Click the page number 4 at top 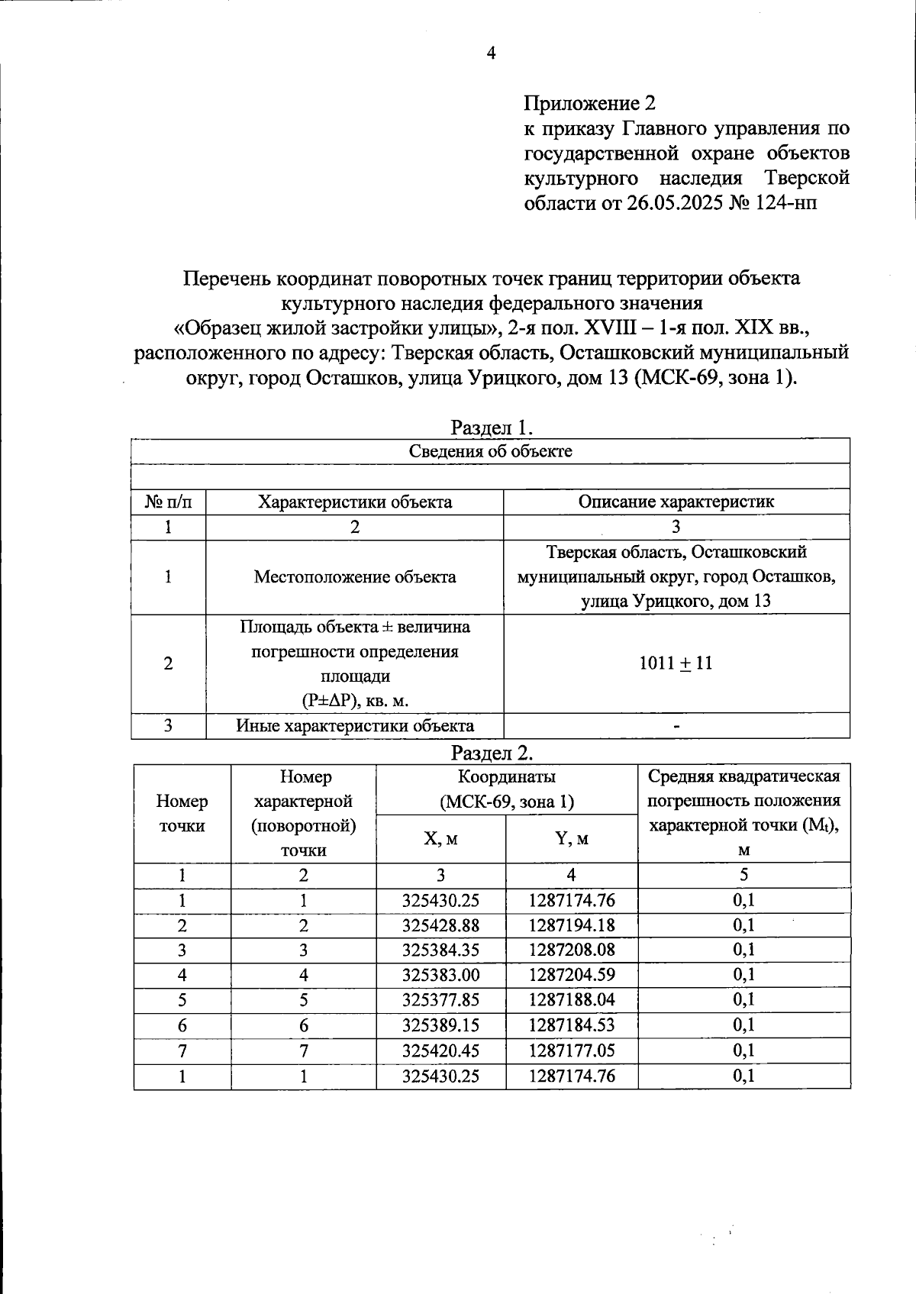point(491,53)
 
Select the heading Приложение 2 point(589,103)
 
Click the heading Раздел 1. point(491,427)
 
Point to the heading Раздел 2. point(491,753)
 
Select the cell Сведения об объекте point(491,450)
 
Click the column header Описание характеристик point(676,502)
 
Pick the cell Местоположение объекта point(354,576)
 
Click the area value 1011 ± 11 point(676,663)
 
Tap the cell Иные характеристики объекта point(354,725)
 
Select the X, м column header point(440,838)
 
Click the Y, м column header point(571,838)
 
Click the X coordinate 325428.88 point(440,925)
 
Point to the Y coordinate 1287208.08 point(571,950)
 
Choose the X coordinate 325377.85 point(440,1000)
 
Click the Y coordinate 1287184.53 point(571,1025)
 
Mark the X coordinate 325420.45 point(440,1050)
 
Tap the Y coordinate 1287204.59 point(571,976)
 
